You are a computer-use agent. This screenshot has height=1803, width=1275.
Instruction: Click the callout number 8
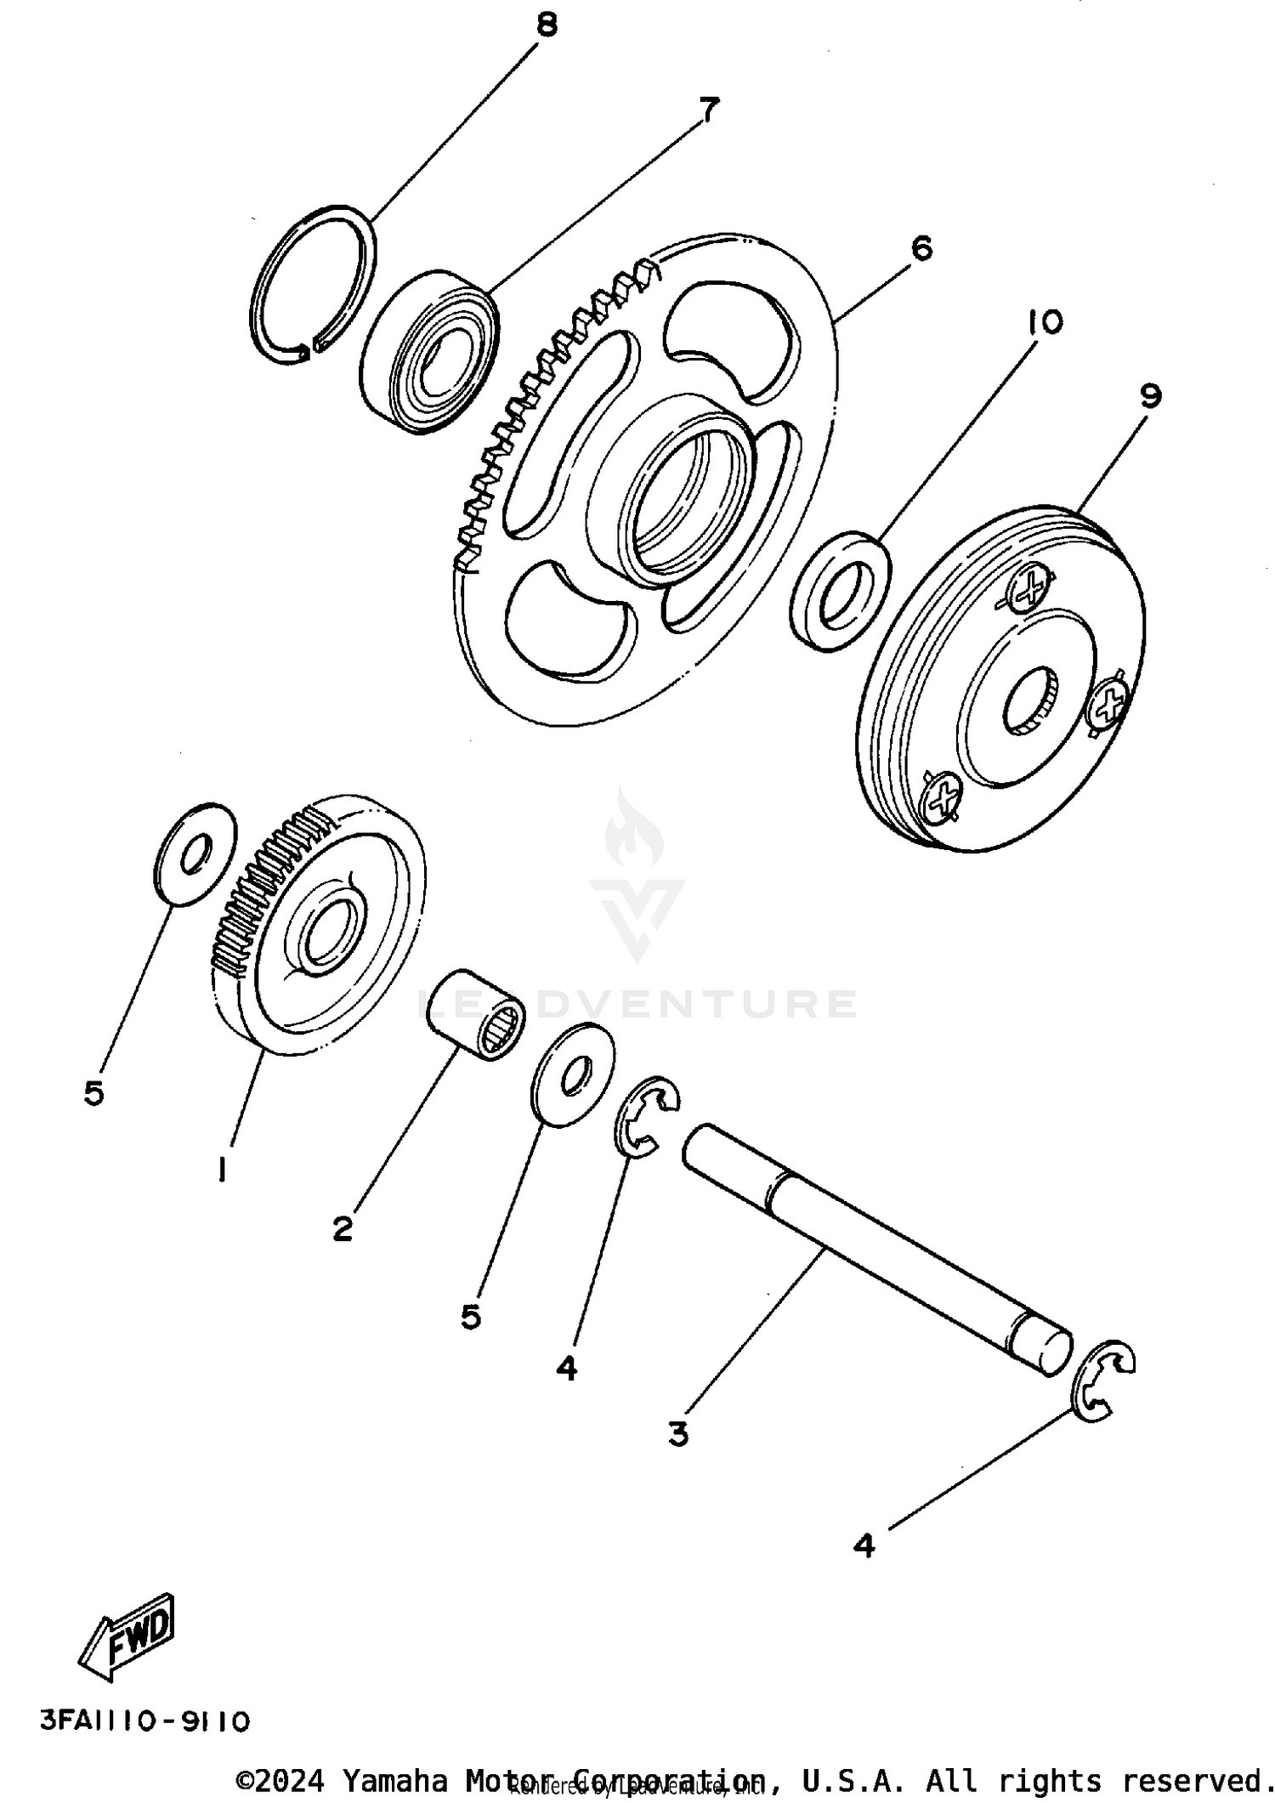coord(547,25)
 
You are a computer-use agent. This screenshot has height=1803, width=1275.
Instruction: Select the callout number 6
coord(921,249)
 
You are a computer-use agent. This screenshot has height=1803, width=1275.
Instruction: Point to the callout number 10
coord(1044,322)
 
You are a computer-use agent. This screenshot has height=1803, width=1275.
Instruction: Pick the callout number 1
coord(222,1171)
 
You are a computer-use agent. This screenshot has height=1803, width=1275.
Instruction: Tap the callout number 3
coord(677,1434)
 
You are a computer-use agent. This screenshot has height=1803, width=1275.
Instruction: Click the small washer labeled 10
coord(840,592)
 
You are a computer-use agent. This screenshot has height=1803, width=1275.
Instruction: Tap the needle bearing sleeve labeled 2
coord(475,1014)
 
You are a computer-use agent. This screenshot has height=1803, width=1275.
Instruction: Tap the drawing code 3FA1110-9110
coord(145,1721)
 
